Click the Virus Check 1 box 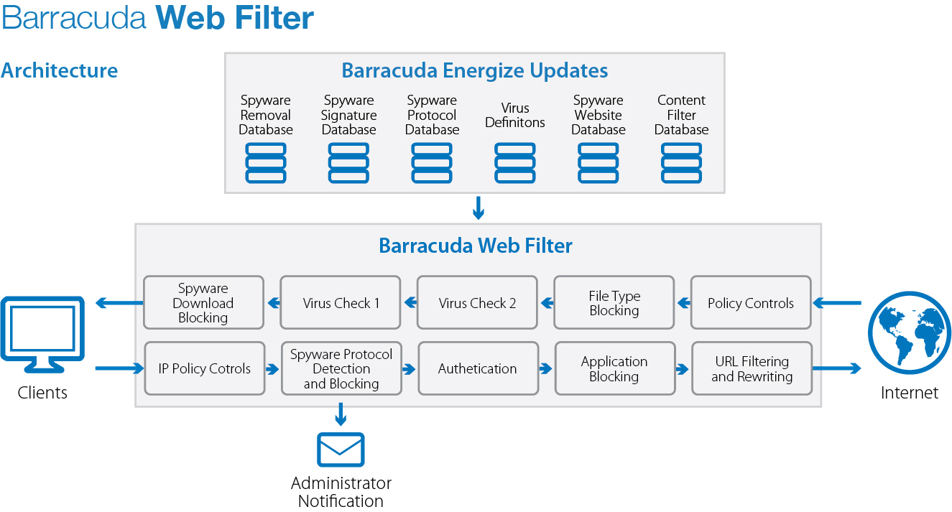[x=341, y=302]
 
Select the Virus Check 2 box [x=477, y=302]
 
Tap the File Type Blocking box [x=614, y=302]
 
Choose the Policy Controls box [x=751, y=302]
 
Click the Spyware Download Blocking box [x=203, y=302]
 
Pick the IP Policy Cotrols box [x=205, y=368]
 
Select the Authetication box [x=479, y=368]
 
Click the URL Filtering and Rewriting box [x=752, y=368]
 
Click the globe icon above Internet [x=910, y=332]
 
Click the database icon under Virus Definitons [x=514, y=163]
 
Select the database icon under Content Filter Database [x=681, y=163]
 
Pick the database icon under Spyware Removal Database [x=266, y=163]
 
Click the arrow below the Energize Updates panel [x=479, y=208]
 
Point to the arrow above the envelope [x=341, y=414]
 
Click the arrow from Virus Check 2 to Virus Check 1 [x=410, y=302]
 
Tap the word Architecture [x=59, y=70]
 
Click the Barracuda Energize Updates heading [x=475, y=70]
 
